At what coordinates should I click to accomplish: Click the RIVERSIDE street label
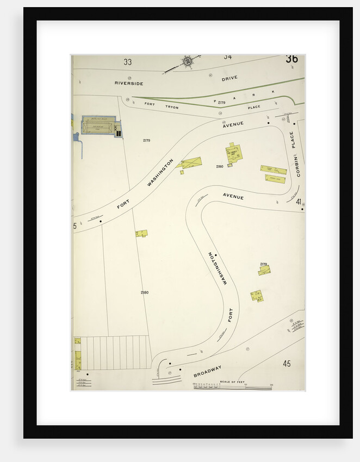pyautogui.click(x=129, y=83)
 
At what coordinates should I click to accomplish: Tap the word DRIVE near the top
pyautogui.click(x=229, y=79)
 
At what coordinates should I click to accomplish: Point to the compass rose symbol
pyautogui.click(x=188, y=62)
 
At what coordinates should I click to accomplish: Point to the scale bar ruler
pyautogui.click(x=233, y=386)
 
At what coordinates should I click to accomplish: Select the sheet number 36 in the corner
pyautogui.click(x=291, y=59)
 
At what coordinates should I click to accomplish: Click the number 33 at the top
pyautogui.click(x=127, y=62)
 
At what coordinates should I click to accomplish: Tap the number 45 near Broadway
pyautogui.click(x=287, y=363)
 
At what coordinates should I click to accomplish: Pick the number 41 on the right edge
pyautogui.click(x=299, y=202)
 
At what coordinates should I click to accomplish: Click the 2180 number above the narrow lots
pyautogui.click(x=145, y=292)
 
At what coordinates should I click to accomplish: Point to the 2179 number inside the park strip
pyautogui.click(x=221, y=102)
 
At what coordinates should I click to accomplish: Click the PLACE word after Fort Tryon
pyautogui.click(x=254, y=107)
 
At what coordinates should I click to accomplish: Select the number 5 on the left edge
pyautogui.click(x=75, y=226)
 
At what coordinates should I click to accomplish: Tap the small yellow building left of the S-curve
pyautogui.click(x=141, y=233)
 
